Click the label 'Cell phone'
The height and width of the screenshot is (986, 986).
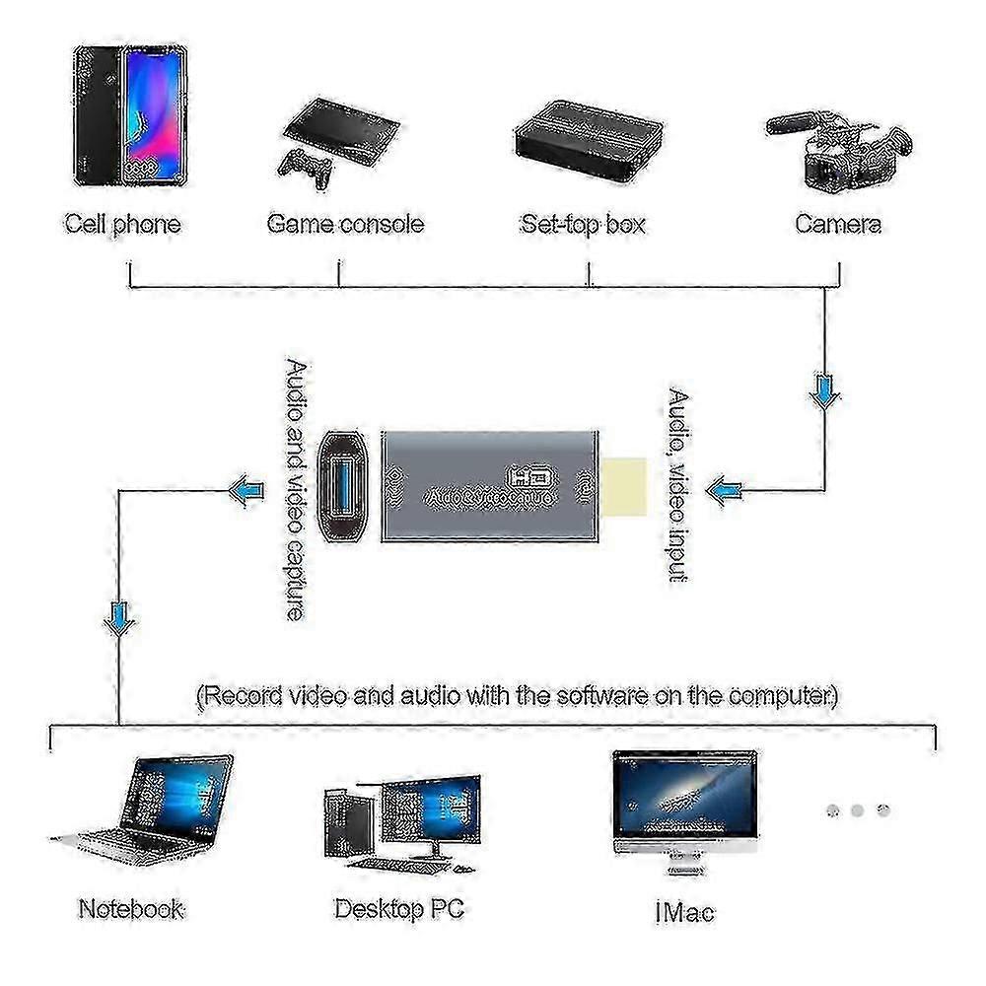pos(123,224)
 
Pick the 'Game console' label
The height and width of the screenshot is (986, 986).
pos(345,224)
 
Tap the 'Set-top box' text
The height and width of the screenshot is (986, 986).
pos(583,224)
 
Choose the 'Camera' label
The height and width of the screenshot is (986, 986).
pos(838,224)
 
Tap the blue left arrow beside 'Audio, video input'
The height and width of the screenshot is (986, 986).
pos(726,489)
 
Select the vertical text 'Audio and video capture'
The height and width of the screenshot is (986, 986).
pos(294,488)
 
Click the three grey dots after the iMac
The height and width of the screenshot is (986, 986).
pos(857,810)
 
